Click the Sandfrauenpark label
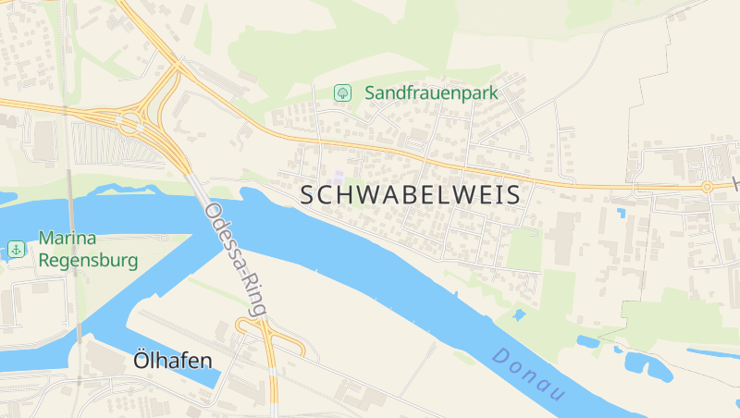431,92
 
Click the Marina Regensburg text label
88,249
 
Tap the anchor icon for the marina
16,249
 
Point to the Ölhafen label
173,360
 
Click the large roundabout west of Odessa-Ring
129,121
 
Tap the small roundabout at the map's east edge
707,187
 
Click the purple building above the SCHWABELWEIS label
339,176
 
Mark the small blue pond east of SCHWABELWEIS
620,213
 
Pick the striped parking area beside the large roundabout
92,143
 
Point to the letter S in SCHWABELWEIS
311,195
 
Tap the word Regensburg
88,260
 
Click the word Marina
68,239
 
